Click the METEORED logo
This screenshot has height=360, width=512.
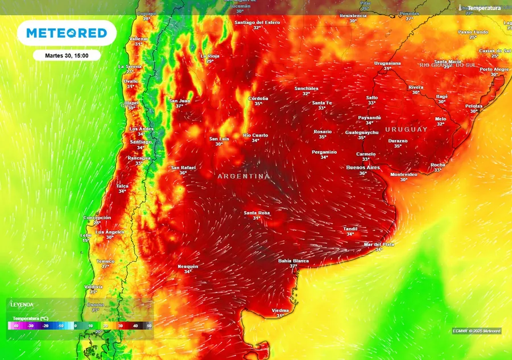click(x=67, y=34)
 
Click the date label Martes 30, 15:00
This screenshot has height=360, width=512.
click(x=67, y=56)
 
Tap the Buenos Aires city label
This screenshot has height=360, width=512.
click(x=363, y=168)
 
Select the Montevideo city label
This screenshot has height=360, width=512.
click(x=403, y=174)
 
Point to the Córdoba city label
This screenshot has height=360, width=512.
click(x=258, y=98)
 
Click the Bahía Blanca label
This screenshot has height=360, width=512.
click(x=293, y=261)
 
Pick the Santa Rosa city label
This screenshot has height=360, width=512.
click(x=257, y=213)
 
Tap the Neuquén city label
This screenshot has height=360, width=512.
click(x=188, y=266)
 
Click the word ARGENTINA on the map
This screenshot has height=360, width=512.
click(x=243, y=176)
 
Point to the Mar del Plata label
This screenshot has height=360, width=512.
click(x=379, y=245)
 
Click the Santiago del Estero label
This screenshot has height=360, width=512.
click(x=257, y=22)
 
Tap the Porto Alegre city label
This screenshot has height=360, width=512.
click(x=494, y=69)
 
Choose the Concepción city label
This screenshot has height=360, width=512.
click(x=97, y=218)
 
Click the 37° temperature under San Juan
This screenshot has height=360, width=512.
click(x=179, y=106)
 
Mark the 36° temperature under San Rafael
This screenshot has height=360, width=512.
click(x=183, y=173)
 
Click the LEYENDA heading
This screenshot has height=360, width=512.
click(x=22, y=305)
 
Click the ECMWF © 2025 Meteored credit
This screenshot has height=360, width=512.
click(x=477, y=330)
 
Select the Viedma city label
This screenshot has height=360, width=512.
click(x=280, y=311)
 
